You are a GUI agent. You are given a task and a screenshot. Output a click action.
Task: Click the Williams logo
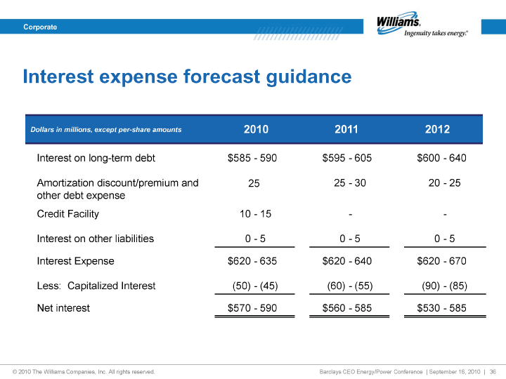422,25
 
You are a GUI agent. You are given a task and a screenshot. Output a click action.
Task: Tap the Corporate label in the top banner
40,27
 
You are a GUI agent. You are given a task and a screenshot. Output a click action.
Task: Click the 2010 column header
256,129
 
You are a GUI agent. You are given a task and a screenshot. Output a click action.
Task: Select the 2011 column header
346,129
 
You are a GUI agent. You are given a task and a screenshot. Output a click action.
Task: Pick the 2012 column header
437,129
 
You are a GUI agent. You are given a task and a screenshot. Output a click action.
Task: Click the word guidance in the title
309,77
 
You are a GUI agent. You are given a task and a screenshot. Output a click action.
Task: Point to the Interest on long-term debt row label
96,158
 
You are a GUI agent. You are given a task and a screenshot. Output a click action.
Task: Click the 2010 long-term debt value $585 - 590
252,158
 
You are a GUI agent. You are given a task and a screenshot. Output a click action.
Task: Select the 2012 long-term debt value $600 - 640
441,158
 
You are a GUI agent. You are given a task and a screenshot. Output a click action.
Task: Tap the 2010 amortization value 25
254,183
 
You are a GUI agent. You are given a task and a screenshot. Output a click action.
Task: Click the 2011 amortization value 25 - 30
350,182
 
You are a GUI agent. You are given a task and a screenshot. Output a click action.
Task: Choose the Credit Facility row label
67,214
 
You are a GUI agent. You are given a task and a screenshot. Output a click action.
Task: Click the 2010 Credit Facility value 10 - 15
255,213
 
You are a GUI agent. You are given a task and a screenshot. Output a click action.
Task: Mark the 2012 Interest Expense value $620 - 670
441,260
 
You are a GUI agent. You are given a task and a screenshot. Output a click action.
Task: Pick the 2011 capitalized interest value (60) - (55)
350,286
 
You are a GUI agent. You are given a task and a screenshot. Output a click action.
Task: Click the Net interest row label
63,308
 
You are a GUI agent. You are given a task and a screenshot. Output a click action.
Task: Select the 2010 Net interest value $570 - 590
252,308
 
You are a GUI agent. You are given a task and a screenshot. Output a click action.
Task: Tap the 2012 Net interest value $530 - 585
441,308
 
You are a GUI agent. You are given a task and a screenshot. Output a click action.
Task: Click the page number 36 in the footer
493,371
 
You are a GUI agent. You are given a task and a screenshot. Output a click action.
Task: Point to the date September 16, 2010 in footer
455,371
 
